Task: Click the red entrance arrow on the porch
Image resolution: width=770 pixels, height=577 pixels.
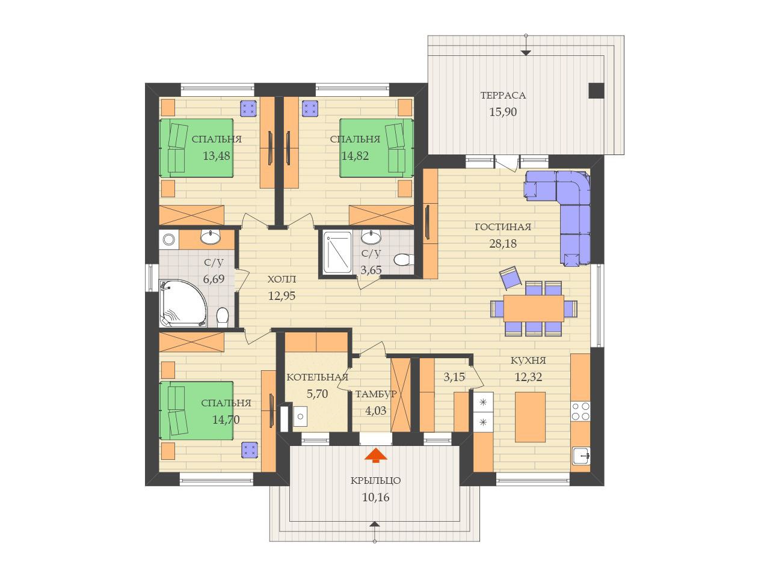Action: point(375,455)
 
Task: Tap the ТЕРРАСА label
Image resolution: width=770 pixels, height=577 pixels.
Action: point(503,96)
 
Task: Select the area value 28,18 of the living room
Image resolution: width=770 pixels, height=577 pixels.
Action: point(503,243)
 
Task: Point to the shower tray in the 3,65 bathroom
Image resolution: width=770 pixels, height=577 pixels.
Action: point(337,252)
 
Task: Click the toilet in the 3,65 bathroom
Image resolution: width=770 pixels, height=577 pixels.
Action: point(404,260)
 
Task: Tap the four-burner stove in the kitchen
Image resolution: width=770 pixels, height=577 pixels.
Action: point(581,411)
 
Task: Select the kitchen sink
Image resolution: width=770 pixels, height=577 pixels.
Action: point(581,456)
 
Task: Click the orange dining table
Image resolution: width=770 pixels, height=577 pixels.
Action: point(534,308)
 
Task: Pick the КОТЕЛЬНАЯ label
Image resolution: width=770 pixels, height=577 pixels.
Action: point(317,377)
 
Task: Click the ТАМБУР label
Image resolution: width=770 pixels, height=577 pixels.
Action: point(376,394)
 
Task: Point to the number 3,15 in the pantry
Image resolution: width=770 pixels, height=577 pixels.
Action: point(454,377)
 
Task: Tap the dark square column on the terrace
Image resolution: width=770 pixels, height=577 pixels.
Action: point(596,90)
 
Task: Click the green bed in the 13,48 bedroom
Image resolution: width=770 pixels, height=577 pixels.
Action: point(197,148)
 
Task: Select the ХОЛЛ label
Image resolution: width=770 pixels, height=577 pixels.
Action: point(282,279)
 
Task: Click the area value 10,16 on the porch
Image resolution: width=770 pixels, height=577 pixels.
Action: point(375,497)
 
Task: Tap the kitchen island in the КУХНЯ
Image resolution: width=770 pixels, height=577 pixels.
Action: point(530,417)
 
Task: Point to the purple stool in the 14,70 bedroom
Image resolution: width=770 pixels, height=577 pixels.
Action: point(250,450)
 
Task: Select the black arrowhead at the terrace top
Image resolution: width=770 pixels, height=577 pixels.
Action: point(526,53)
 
